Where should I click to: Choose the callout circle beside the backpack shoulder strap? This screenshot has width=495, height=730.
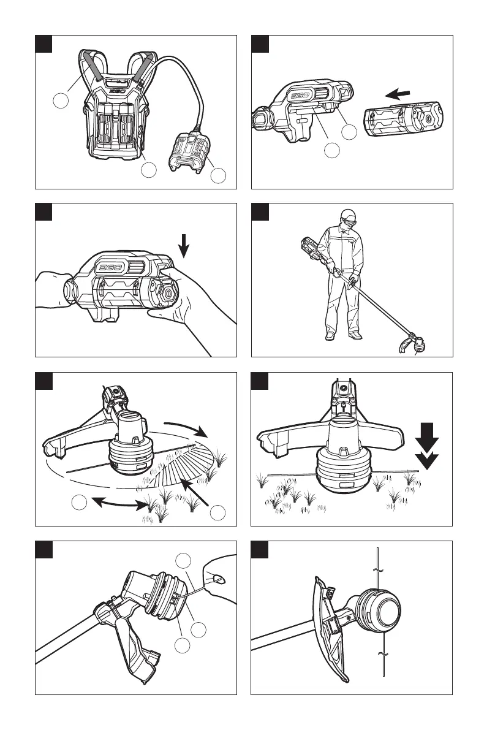point(60,102)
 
